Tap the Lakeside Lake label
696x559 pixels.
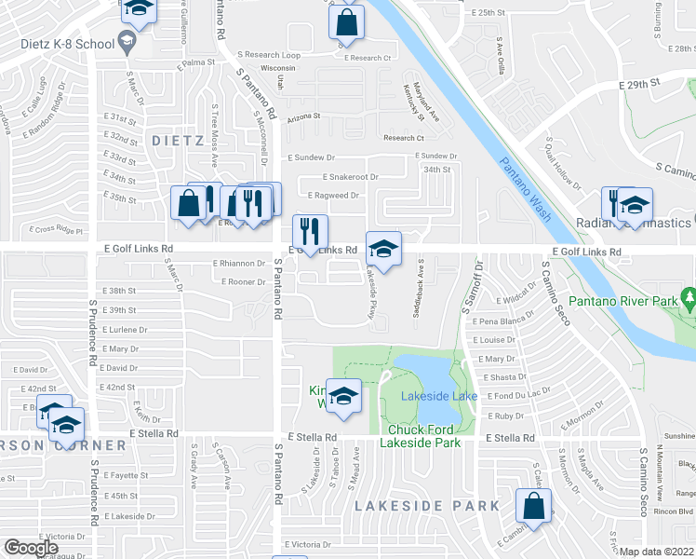439,396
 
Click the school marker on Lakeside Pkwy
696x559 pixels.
383,249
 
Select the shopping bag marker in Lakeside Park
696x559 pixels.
533,509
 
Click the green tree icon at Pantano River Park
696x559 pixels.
689,300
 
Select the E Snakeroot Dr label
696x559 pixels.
351,176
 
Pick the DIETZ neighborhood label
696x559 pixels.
177,141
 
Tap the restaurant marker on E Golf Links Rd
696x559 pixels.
309,232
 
